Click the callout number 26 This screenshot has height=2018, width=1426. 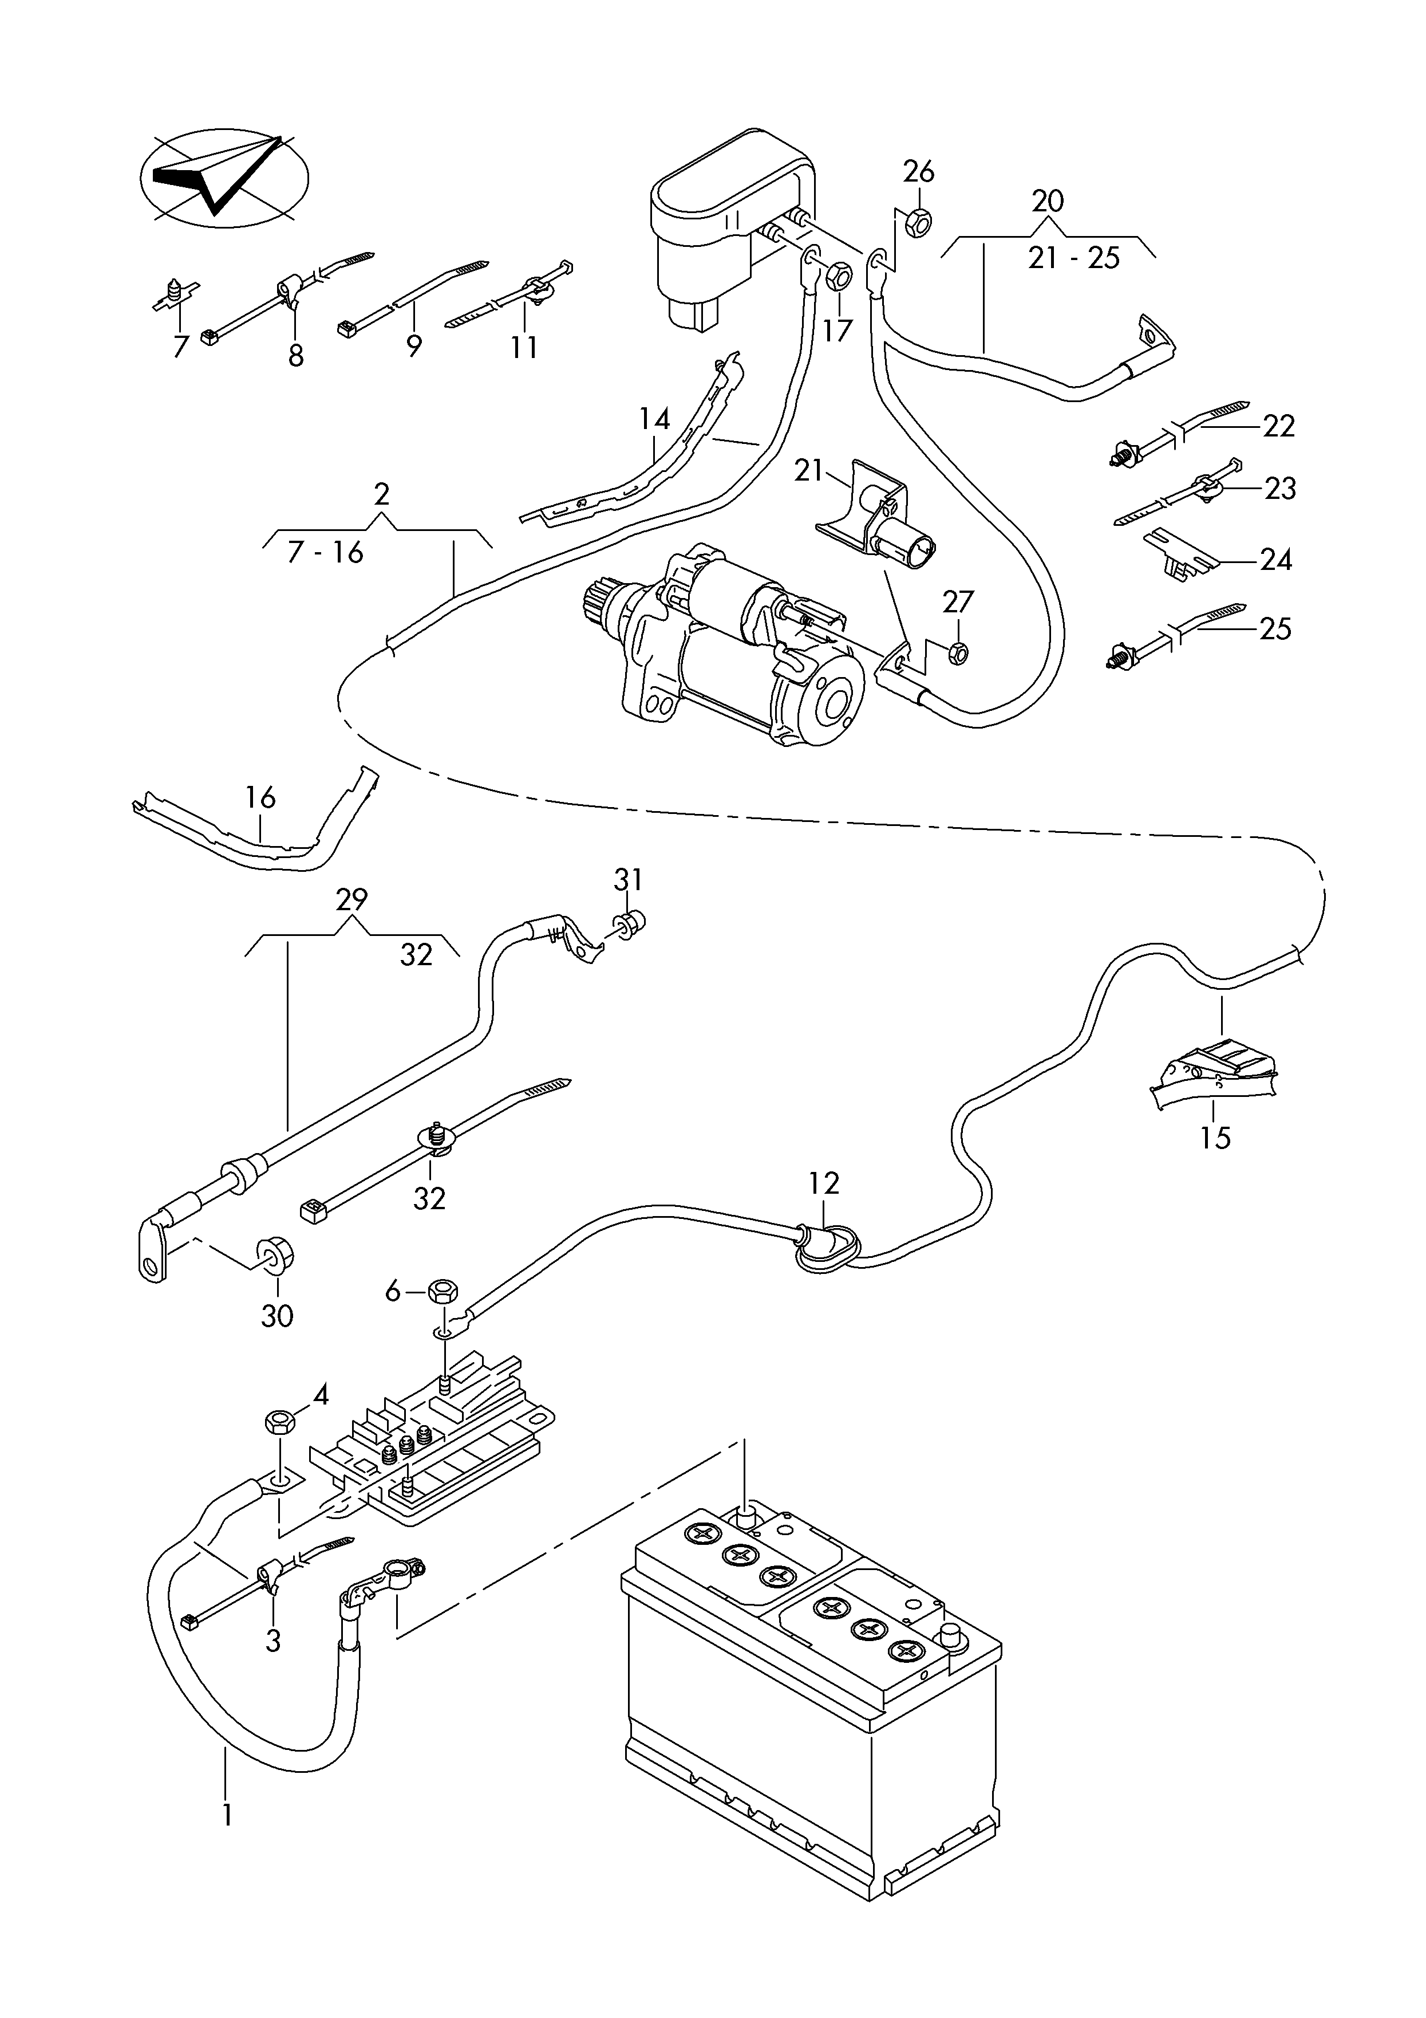click(919, 171)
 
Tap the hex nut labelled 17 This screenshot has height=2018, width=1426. click(838, 278)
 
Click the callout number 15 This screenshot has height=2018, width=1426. click(1215, 1138)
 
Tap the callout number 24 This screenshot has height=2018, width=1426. click(1276, 559)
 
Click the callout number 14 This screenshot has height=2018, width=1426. click(654, 419)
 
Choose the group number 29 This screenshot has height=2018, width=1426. click(351, 899)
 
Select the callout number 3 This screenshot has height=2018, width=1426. click(272, 1640)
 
